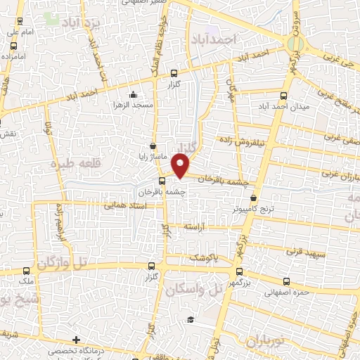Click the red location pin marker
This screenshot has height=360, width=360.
(x=181, y=166)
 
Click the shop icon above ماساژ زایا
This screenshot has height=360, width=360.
(x=153, y=145)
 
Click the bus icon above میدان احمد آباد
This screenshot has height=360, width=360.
(x=283, y=96)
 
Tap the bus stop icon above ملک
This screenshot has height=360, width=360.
(x=27, y=270)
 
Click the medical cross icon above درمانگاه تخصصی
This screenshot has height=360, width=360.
(x=75, y=340)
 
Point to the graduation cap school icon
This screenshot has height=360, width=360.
(x=190, y=320)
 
